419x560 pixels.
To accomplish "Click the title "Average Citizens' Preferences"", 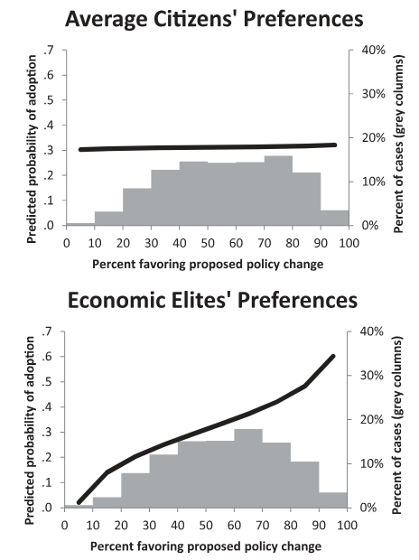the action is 214,19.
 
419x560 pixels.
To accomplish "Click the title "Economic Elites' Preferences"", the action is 212,300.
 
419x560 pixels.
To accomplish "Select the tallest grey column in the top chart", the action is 278,191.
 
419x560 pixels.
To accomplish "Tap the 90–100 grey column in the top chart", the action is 335,218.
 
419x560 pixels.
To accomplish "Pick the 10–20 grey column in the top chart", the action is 109,219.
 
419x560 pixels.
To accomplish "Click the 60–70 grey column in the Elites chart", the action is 248,468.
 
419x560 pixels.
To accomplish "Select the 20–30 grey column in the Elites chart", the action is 135,490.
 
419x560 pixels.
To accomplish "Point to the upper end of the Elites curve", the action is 333,356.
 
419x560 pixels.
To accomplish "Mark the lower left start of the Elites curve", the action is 79,502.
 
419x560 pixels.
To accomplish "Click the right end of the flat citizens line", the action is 335,145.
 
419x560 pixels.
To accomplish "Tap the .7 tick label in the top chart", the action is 48,50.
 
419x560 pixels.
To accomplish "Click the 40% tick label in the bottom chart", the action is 371,331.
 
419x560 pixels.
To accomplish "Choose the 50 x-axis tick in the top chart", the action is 208,243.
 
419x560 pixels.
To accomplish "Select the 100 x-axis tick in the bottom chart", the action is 347,525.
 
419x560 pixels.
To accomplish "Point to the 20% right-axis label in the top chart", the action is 373,138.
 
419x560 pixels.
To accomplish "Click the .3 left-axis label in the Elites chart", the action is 47,432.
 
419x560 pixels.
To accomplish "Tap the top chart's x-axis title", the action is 208,265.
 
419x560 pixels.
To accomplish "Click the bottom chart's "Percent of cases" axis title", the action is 397,425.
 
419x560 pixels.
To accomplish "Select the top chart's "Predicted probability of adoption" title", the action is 32,149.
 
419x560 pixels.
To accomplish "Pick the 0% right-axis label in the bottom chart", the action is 368,508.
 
